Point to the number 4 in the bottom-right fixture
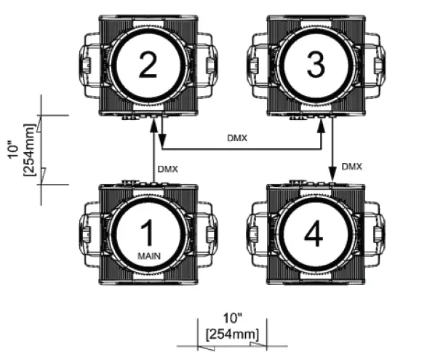click(314, 233)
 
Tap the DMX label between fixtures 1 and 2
click(167, 169)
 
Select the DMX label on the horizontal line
click(237, 137)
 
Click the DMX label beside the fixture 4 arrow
click(352, 167)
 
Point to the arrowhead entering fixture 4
click(333, 176)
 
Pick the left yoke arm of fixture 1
click(87, 233)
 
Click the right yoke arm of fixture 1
click(209, 233)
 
